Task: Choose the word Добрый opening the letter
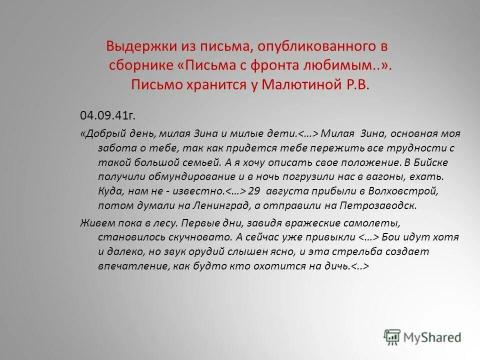tap(105, 133)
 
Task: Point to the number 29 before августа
tap(254, 191)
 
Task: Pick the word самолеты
tap(373, 223)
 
